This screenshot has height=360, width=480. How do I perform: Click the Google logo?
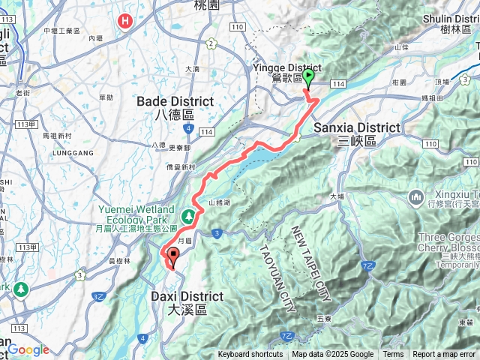pos(28,349)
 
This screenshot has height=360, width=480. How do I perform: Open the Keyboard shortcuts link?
pos(250,355)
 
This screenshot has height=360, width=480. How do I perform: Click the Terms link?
pos(393,355)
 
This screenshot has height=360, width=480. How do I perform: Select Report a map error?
pos(444,355)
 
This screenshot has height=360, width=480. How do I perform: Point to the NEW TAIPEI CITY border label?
pos(311,262)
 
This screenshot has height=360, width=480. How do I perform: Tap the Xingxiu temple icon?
pos(416,197)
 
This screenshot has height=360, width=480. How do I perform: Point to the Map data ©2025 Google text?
pos(332,355)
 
